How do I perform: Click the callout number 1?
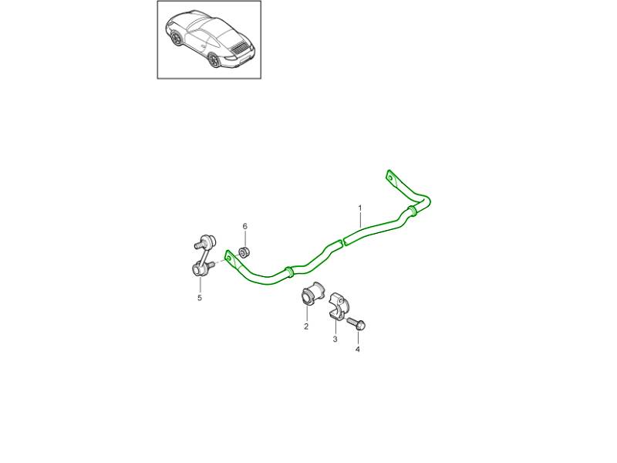[359, 208]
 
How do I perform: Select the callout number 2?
[306, 326]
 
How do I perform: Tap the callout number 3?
[335, 339]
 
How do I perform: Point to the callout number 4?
[358, 350]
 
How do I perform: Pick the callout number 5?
[200, 298]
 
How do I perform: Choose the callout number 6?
[244, 226]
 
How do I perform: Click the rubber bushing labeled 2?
[312, 295]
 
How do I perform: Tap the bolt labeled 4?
[357, 323]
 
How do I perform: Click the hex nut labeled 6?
[244, 252]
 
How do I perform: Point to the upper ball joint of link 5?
[207, 239]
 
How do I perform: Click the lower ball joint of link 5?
[198, 269]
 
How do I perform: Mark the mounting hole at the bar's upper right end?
[390, 178]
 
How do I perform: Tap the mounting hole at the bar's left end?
[228, 258]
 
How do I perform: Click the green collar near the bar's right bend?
[412, 211]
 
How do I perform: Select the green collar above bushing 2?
[288, 272]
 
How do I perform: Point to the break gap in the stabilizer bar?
[342, 241]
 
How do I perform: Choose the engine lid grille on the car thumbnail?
[239, 47]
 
